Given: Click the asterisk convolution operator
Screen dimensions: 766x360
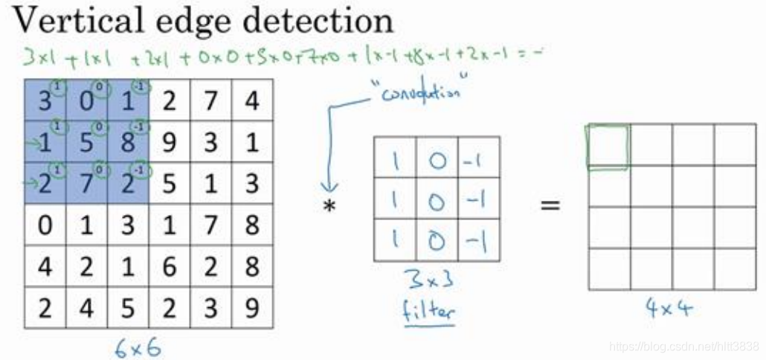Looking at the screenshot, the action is tap(328, 206).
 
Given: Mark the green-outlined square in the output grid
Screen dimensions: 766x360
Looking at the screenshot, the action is tap(608, 147).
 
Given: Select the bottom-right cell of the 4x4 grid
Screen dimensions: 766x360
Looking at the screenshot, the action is tap(735, 269).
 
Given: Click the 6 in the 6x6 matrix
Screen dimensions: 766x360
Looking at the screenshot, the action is tap(170, 266).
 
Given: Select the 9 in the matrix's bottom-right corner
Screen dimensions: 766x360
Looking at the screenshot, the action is tap(252, 308).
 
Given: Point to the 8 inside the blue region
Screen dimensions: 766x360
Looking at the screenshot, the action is tap(128, 141).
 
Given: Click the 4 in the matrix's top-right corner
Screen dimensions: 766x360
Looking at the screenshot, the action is tap(252, 100).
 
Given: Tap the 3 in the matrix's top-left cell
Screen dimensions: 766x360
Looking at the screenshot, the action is tap(45, 100).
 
